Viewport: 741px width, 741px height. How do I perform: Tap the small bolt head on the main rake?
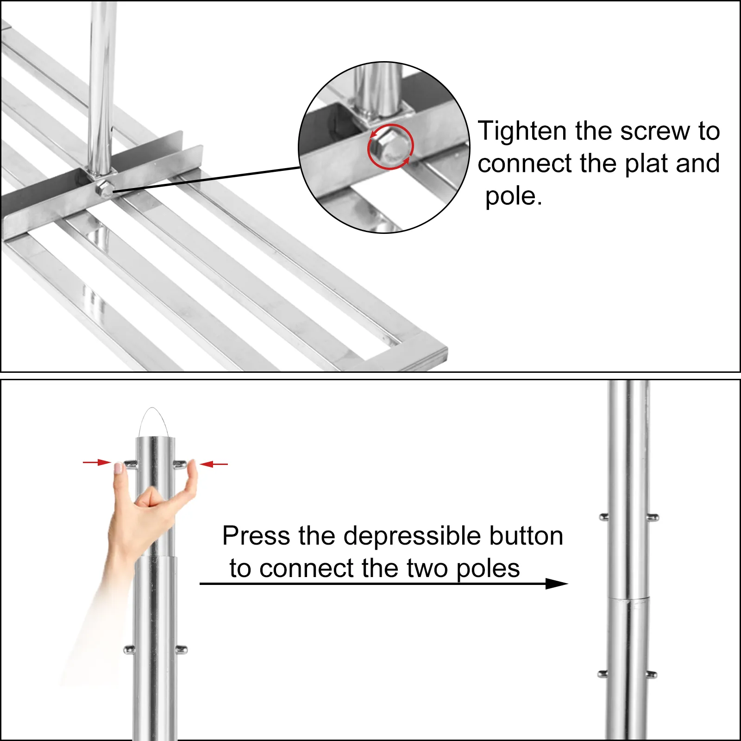point(105,188)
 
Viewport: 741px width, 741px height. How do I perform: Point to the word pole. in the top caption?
point(513,196)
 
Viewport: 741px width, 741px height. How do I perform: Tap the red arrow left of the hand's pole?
point(97,462)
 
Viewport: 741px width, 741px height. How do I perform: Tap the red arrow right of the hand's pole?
point(214,464)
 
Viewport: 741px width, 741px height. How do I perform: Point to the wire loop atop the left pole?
point(153,419)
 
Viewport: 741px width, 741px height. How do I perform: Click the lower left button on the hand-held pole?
point(129,649)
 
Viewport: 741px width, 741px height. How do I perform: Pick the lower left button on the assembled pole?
point(603,674)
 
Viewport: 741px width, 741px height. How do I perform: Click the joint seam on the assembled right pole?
point(628,598)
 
